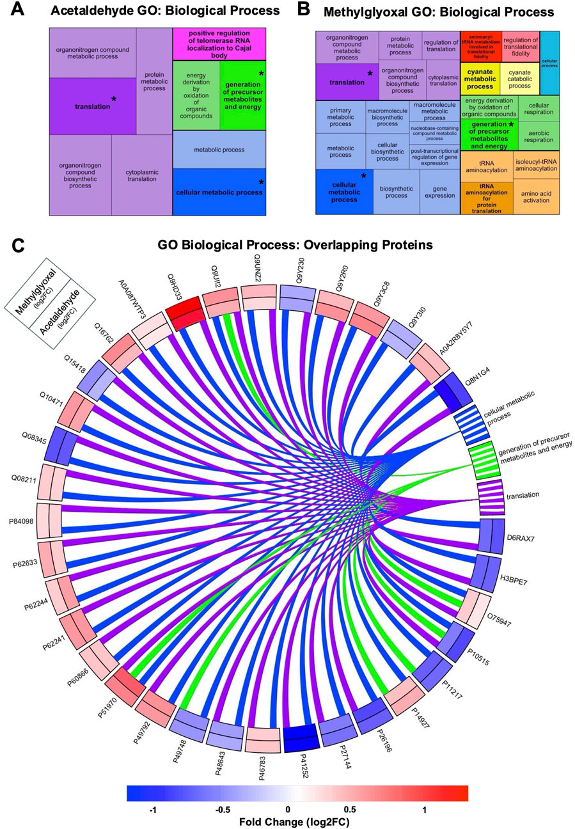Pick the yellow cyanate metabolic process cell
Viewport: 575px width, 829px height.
click(x=479, y=79)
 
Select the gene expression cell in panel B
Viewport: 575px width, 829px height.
click(x=439, y=193)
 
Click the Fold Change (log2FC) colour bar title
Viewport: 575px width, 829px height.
click(x=297, y=821)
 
